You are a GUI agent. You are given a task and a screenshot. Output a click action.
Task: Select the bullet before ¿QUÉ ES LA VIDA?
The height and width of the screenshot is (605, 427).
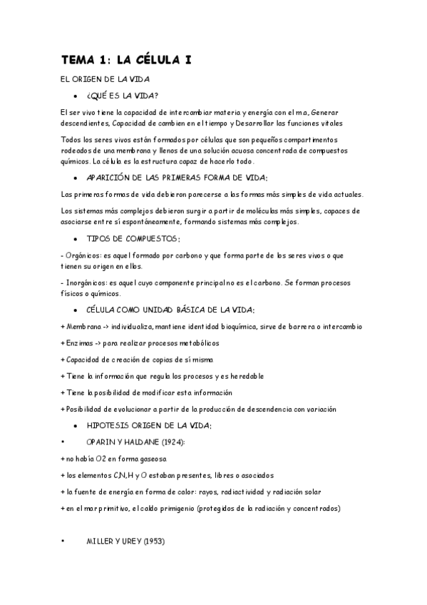(75, 96)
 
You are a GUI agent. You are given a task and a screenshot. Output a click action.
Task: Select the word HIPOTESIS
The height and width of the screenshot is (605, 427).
(111, 426)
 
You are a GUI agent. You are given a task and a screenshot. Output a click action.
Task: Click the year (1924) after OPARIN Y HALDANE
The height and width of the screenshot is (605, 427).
(167, 442)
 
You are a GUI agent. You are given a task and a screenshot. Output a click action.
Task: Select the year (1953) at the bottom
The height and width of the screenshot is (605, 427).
(154, 542)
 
